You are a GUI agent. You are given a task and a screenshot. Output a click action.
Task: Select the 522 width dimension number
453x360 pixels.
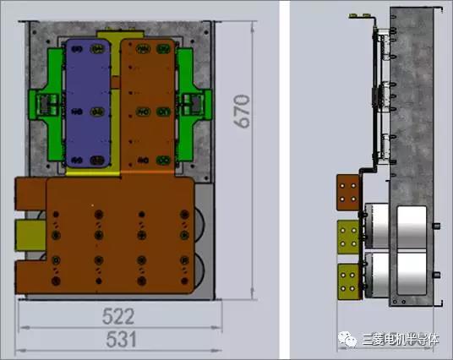tap(119, 317)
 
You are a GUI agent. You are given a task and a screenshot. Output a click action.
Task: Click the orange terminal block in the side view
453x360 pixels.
tap(348, 190)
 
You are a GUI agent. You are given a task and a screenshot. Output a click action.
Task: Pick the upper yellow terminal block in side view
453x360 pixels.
tap(348, 235)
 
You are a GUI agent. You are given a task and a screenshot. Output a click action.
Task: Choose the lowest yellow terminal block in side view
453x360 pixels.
tap(348, 280)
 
